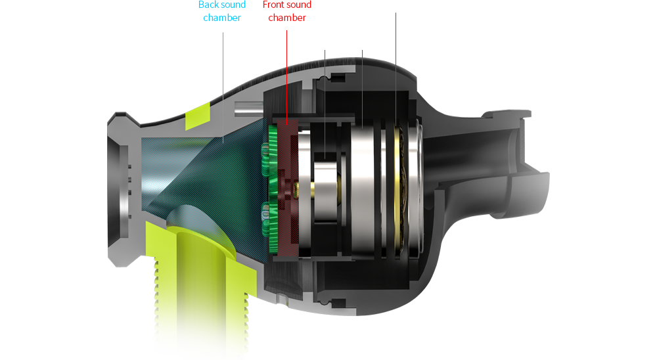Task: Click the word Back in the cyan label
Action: click(x=208, y=5)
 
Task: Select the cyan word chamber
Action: click(x=222, y=18)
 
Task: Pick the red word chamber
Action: click(x=287, y=18)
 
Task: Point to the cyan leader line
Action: click(x=223, y=87)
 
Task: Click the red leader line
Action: click(x=286, y=78)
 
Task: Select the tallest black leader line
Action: click(x=396, y=70)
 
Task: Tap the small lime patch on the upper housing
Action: click(x=198, y=116)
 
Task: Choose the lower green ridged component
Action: click(x=270, y=225)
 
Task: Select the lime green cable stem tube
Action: click(x=202, y=285)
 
